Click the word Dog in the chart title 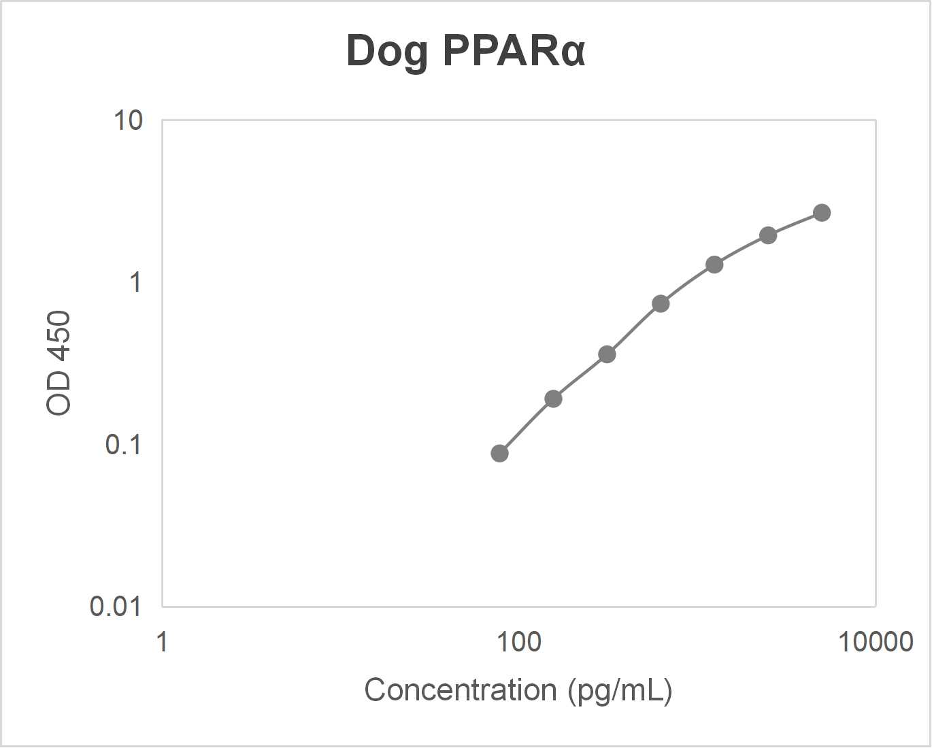pos(387,52)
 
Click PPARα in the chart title pos(514,50)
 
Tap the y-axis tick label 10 pos(128,121)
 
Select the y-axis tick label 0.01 pos(116,606)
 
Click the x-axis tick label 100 pos(518,641)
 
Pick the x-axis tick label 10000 pos(875,641)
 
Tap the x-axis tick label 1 pos(162,641)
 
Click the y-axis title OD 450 pos(59,362)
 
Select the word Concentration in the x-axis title pos(461,690)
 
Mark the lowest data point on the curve pos(499,454)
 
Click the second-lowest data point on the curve pos(553,398)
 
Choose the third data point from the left pos(607,354)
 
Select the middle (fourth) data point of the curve pos(661,303)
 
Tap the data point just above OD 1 pos(714,265)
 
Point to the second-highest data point pos(768,235)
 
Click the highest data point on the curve pos(822,213)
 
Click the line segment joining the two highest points pos(795,224)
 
